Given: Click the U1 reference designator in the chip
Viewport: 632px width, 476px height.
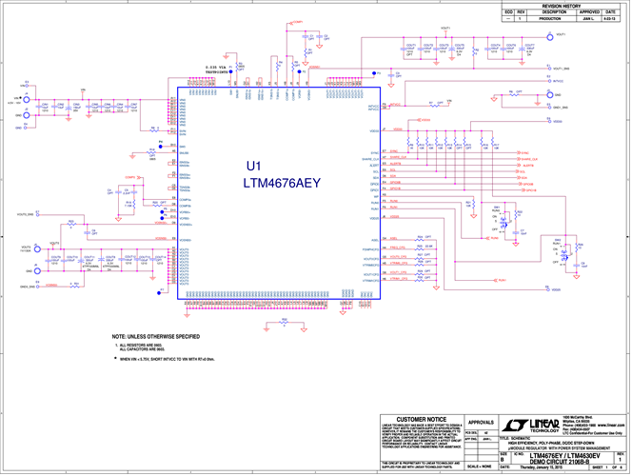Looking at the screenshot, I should [x=252, y=165].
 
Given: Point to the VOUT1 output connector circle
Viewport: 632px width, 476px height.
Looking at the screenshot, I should [x=548, y=36].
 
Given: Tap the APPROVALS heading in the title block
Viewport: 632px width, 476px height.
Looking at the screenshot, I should [x=484, y=422].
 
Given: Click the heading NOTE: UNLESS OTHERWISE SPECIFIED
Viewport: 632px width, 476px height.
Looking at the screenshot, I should [x=155, y=336].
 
